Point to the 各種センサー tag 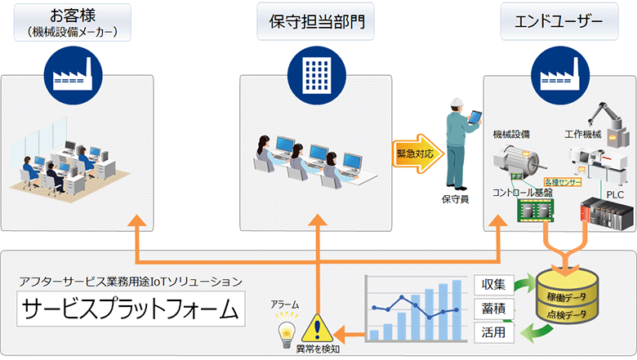(563, 183)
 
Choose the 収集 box (494, 286)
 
